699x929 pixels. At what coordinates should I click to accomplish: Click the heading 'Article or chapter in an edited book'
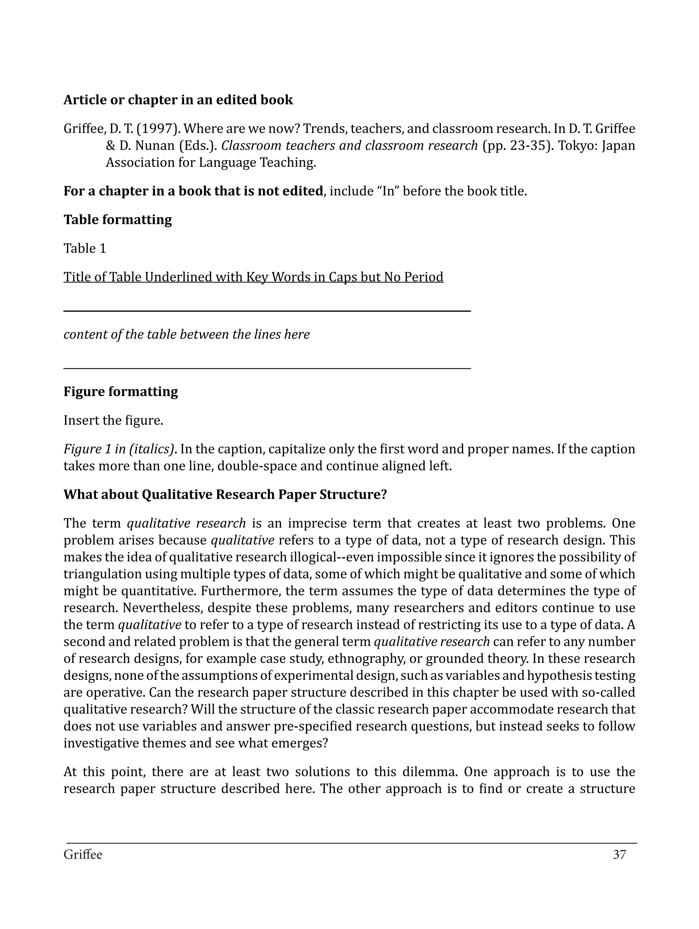pos(178,100)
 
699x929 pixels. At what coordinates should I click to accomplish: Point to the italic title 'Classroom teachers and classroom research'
pos(349,146)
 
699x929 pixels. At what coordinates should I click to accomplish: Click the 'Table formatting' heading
pos(117,220)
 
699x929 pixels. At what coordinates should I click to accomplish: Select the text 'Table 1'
pos(85,248)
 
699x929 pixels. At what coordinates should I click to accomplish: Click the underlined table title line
pos(253,277)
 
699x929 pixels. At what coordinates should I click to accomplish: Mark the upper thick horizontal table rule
pos(267,311)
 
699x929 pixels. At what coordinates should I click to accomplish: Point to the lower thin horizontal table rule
pos(267,368)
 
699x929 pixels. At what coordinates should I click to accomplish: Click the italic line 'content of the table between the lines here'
pos(186,334)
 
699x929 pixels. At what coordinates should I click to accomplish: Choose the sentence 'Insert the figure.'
pos(113,420)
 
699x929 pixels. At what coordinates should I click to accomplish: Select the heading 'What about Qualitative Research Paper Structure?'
pos(225,495)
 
